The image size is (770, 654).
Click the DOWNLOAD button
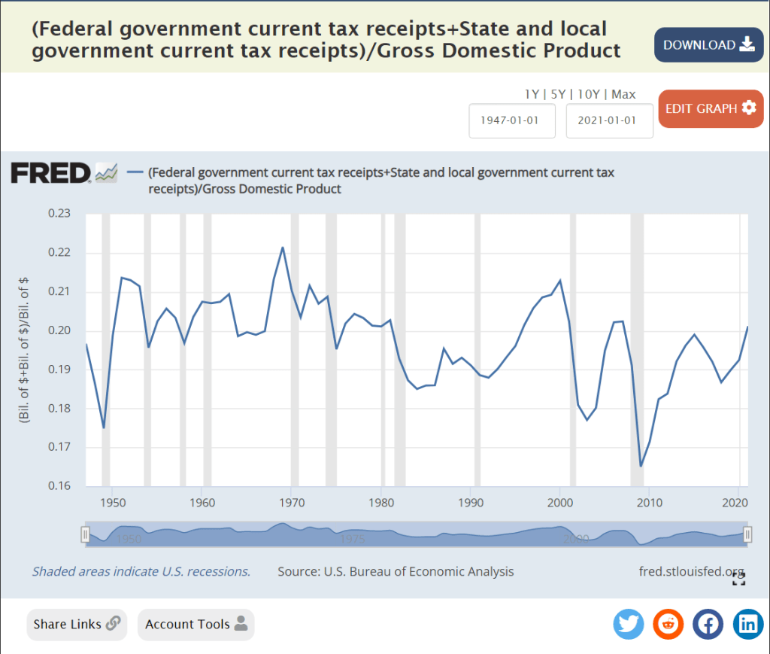708,45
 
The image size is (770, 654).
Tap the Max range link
623,94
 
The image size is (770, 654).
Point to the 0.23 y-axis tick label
59,214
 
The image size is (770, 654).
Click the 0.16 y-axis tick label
59,486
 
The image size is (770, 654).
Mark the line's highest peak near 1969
283,247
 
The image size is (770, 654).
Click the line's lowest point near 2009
641,467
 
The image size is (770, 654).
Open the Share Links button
77,624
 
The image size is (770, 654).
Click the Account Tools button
196,624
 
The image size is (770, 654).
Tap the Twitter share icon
629,624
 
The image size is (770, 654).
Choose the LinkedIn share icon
748,624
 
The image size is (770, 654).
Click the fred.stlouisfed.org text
690,571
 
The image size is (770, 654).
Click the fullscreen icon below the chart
738,579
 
